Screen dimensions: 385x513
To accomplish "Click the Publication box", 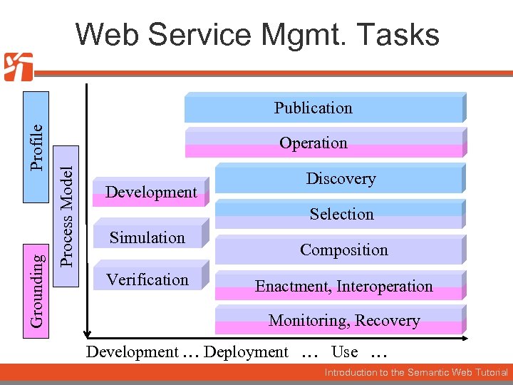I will coord(324,108).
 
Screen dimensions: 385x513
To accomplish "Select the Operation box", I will coord(324,143).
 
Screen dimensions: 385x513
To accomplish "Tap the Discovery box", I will coord(341,179).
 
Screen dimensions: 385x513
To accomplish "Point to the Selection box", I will coord(341,214).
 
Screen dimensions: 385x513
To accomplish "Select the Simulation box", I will coord(148,237).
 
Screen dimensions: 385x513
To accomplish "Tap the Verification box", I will coord(148,279).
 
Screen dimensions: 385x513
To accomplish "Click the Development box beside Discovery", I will coord(151,192).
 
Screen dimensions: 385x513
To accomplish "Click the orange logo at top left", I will coord(18,67).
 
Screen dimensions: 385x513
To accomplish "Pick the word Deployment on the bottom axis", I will coord(246,351).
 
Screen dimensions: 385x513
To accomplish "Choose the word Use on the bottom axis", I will coord(345,351).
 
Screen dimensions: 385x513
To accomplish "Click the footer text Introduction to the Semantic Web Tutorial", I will coord(416,373).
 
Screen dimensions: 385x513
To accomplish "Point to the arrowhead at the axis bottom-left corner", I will coord(87,332).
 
